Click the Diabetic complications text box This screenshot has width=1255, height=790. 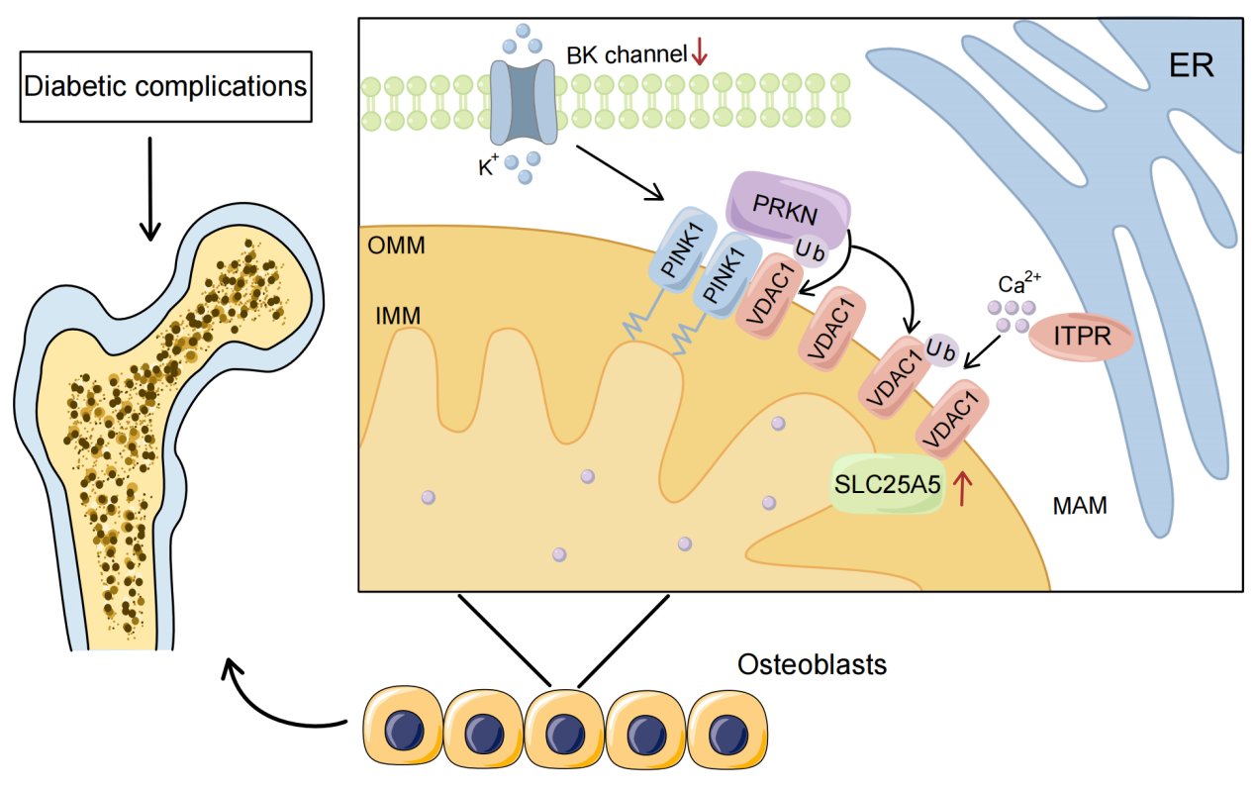coord(165,86)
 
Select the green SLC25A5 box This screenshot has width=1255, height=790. coord(887,485)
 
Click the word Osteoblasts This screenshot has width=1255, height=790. coord(812,664)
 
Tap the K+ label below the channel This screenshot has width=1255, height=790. coord(488,167)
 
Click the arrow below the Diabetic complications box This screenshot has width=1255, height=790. coord(148,188)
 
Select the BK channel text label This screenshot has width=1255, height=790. coord(627,54)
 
